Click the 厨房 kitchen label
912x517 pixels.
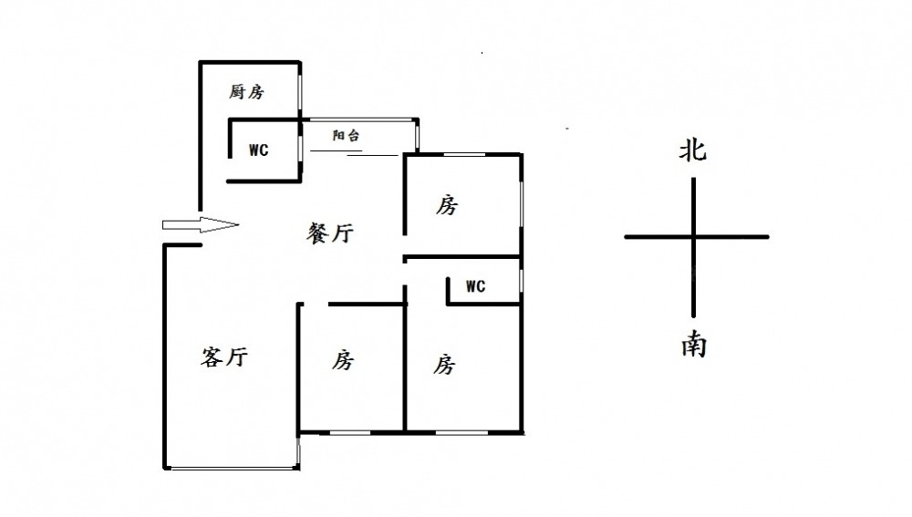[x=246, y=91]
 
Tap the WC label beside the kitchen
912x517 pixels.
[x=259, y=150]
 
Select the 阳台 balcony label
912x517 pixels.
[x=346, y=136]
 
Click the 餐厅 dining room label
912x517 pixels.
[x=329, y=233]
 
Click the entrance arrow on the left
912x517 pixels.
[x=200, y=225]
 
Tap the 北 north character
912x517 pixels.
[x=692, y=150]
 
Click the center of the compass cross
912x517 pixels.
[x=694, y=237]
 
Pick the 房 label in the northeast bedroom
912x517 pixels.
[x=446, y=205]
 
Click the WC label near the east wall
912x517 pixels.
[x=475, y=286]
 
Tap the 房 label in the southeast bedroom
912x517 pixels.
[x=443, y=365]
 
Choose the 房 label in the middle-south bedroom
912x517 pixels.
[x=342, y=360]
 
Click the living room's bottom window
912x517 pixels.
[x=233, y=468]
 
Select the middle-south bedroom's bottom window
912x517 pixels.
[x=350, y=430]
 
